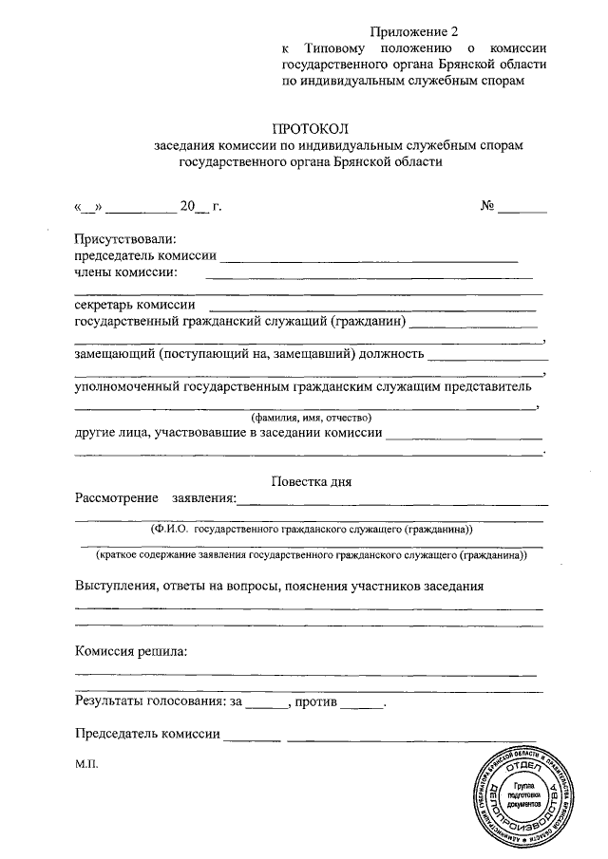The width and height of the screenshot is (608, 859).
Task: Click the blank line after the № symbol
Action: [x=523, y=207]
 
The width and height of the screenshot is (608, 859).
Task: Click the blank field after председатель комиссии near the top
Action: [x=370, y=257]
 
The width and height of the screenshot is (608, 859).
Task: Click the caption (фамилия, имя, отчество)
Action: [x=311, y=418]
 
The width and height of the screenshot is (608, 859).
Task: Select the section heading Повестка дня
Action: [x=312, y=481]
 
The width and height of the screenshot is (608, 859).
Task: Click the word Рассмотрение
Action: [x=118, y=498]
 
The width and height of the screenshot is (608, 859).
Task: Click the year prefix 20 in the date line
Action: [x=187, y=205]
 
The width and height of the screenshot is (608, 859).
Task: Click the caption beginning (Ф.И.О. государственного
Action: [x=311, y=529]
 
